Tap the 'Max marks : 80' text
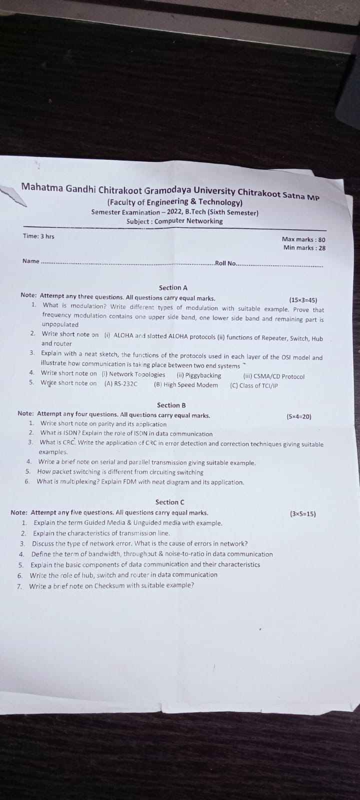click(x=303, y=239)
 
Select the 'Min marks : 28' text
click(x=304, y=247)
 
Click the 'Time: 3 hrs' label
click(x=38, y=236)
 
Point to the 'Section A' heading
click(x=173, y=287)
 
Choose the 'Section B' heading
click(x=171, y=405)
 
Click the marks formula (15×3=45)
click(x=303, y=300)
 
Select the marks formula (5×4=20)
click(x=298, y=416)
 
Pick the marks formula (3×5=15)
click(x=303, y=513)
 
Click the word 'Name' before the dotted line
click(x=30, y=260)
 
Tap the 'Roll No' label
click(x=225, y=263)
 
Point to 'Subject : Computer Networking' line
click(x=174, y=221)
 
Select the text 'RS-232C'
click(x=125, y=384)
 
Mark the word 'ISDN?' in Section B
click(x=70, y=433)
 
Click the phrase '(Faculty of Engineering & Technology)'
click(x=175, y=202)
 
